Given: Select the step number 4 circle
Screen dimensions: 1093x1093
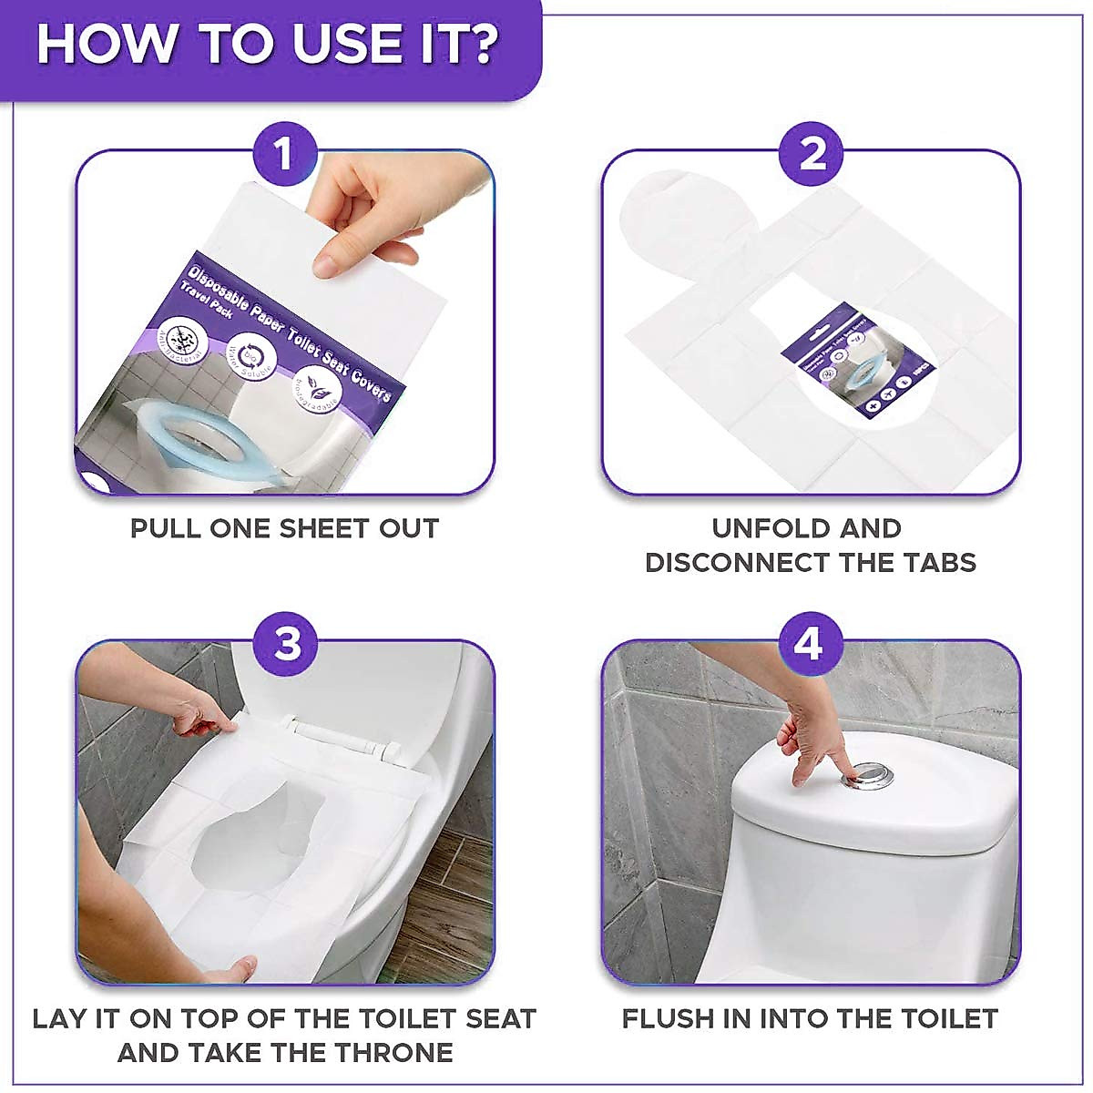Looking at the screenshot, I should tap(808, 644).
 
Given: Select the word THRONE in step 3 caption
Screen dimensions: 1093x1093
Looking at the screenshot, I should tap(394, 1052).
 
